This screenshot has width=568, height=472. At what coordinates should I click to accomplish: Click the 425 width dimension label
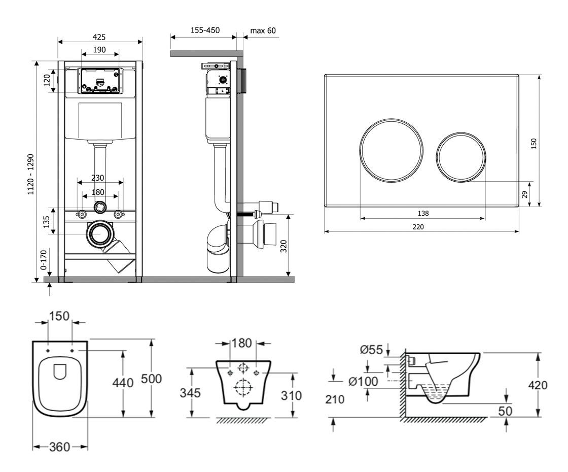(x=99, y=37)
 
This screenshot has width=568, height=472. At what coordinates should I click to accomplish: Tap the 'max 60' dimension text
(x=263, y=30)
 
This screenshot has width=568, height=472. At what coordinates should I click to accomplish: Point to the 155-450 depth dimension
(x=205, y=30)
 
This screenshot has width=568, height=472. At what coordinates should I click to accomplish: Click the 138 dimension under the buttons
(x=422, y=213)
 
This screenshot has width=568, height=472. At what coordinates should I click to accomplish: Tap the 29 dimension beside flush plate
(x=525, y=194)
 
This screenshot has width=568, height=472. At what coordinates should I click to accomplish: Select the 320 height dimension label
(x=283, y=246)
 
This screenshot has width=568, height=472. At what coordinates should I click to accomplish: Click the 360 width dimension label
(x=60, y=447)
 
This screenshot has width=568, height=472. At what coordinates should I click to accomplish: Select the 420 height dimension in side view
(x=538, y=385)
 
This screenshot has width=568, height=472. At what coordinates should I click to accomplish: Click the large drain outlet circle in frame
(x=100, y=234)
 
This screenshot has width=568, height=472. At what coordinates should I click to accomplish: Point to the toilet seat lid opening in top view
(x=60, y=372)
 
